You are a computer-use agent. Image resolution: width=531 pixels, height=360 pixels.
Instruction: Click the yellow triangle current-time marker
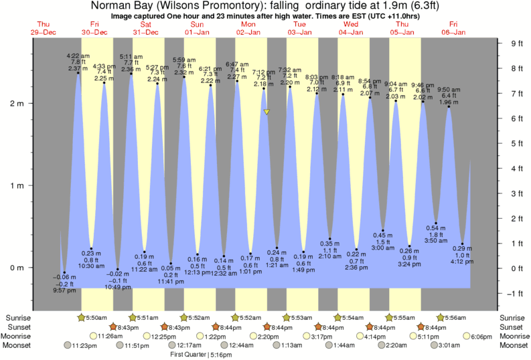(267, 112)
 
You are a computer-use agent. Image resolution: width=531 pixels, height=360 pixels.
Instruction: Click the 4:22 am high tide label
(78, 56)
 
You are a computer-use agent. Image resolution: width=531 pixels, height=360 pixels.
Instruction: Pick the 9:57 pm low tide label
(64, 291)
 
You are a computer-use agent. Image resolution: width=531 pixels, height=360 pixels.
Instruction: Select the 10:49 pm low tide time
(118, 287)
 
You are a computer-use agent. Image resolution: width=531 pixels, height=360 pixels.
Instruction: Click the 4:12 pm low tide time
(463, 262)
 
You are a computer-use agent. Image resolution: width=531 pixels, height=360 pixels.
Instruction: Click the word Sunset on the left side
(19, 327)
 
